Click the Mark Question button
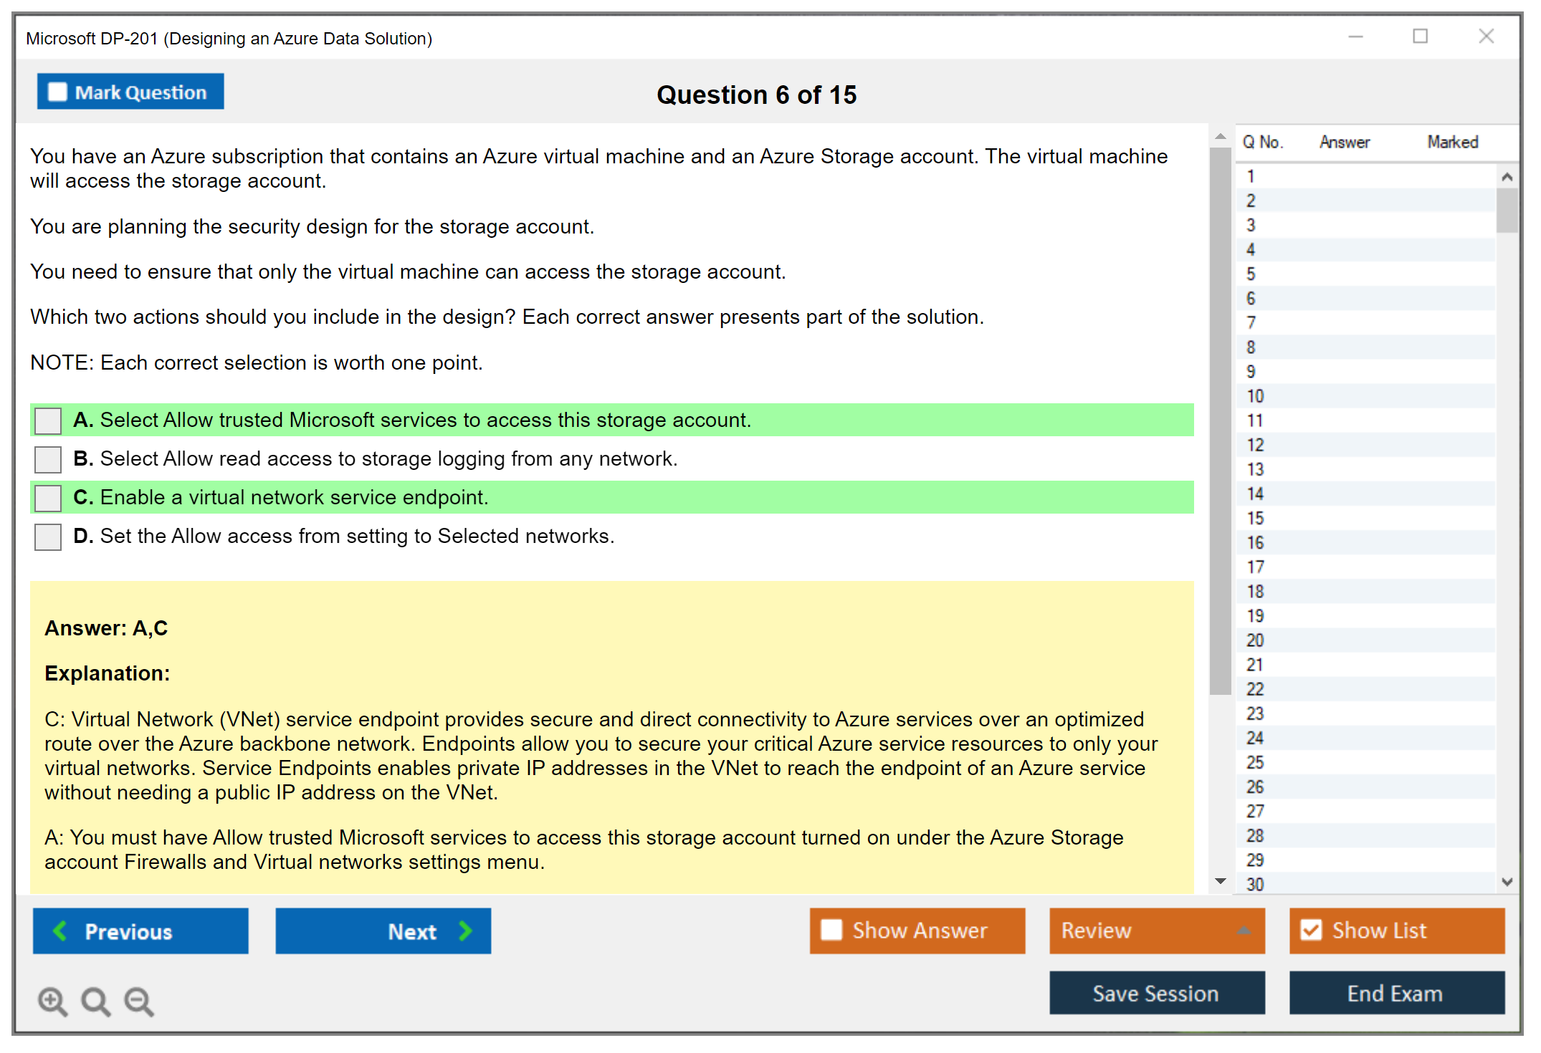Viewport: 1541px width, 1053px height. (130, 92)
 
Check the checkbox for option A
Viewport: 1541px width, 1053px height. (48, 420)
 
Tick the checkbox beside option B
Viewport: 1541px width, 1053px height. (48, 459)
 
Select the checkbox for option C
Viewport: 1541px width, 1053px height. (48, 498)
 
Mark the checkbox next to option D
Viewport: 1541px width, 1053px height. (48, 537)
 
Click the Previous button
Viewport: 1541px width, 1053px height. (140, 931)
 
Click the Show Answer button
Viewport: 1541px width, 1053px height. (917, 931)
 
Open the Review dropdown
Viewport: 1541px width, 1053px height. (1157, 931)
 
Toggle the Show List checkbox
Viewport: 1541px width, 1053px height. (1311, 931)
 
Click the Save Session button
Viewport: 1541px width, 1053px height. (1157, 993)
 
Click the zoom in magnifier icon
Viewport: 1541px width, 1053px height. (53, 1001)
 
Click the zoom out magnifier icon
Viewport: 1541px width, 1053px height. (139, 1001)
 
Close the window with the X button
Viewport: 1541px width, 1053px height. (1486, 36)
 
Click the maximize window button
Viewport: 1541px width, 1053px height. (1420, 36)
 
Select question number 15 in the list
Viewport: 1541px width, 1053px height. (1255, 518)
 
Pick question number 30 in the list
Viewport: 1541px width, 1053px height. (1255, 884)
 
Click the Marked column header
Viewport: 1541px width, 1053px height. (1453, 142)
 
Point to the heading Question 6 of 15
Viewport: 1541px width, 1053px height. (756, 95)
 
